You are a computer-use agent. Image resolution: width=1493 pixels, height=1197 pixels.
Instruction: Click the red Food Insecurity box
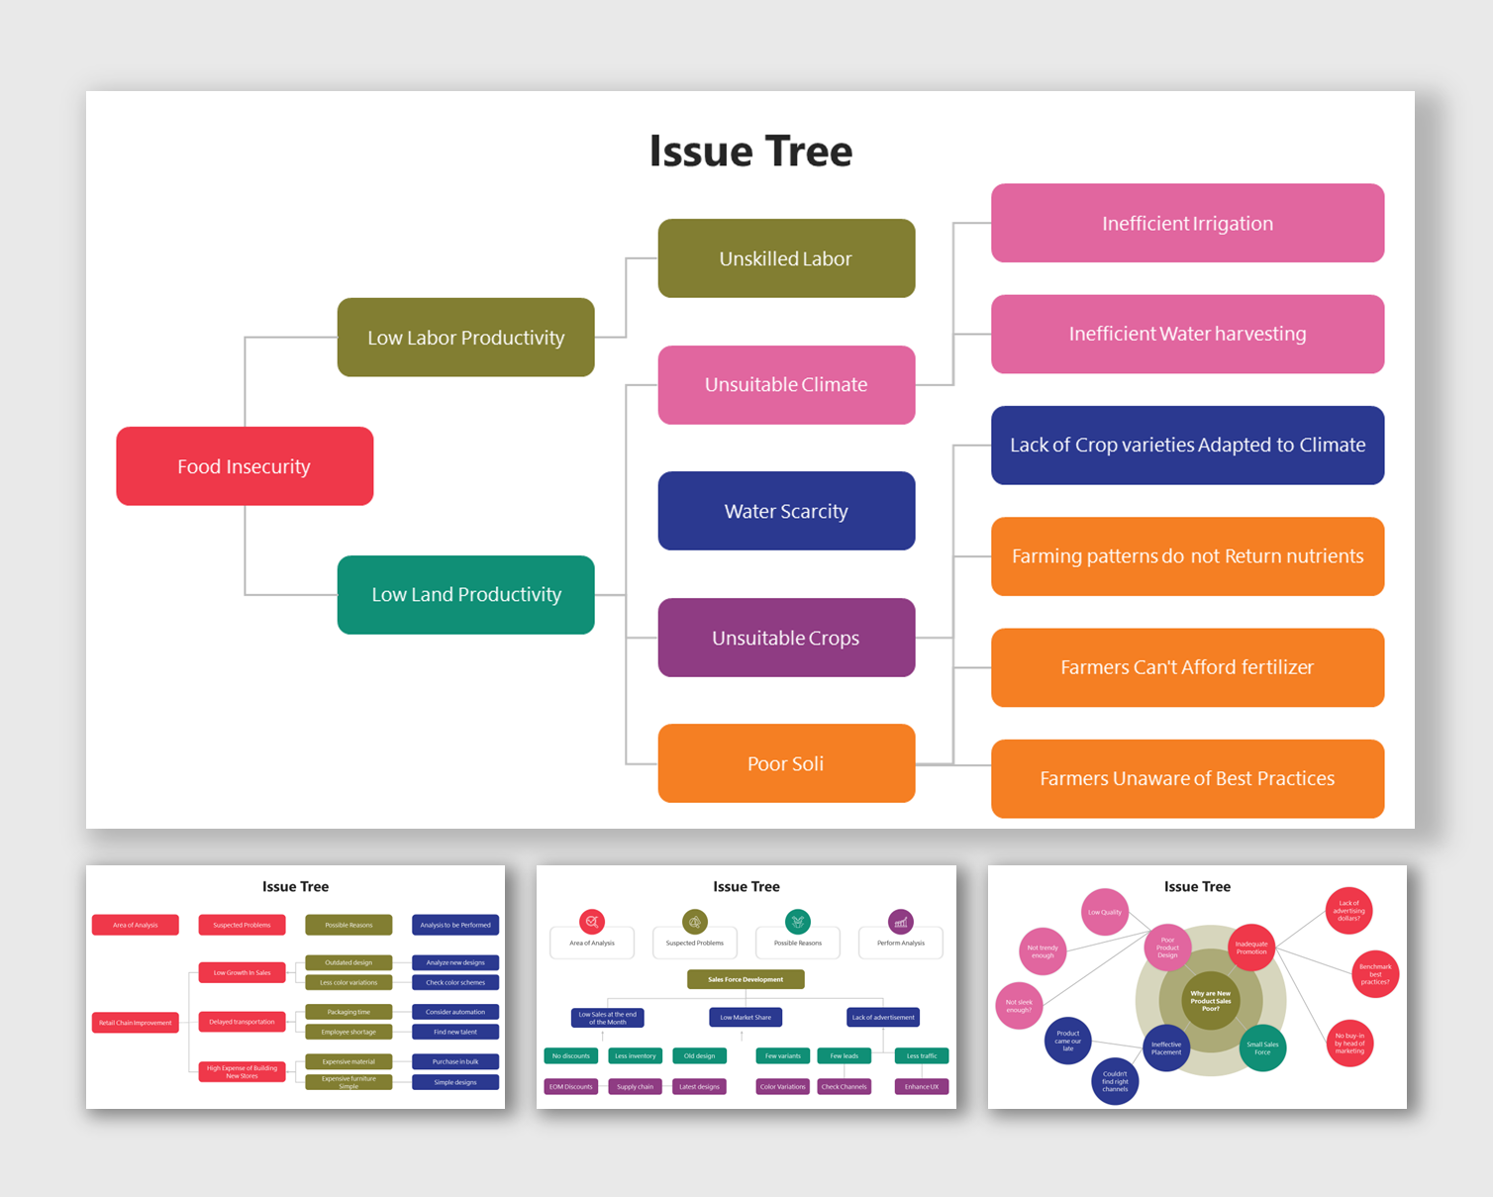coord(245,466)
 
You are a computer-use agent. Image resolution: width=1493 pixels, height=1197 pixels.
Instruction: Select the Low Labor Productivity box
coord(465,338)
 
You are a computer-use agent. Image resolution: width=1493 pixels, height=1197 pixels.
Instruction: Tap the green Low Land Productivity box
coord(465,595)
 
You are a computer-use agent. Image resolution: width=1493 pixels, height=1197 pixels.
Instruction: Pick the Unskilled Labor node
coord(786,258)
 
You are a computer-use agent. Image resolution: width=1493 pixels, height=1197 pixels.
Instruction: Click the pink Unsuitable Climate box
coord(786,385)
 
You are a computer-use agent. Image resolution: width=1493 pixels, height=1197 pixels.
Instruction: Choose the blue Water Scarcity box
coord(786,511)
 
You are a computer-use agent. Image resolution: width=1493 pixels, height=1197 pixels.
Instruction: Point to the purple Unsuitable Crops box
coord(786,638)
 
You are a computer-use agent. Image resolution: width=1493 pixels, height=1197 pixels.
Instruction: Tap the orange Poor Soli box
coord(786,763)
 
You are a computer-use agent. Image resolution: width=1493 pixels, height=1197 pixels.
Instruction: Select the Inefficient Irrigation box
coord(1187,224)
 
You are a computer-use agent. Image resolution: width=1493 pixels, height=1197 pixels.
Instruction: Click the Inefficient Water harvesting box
coord(1187,335)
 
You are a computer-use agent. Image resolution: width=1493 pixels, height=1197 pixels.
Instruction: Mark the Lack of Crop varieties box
coord(1187,446)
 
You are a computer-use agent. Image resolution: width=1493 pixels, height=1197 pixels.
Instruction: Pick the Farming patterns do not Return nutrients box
coord(1187,556)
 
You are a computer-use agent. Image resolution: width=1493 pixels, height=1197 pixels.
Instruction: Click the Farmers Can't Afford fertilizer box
coord(1187,667)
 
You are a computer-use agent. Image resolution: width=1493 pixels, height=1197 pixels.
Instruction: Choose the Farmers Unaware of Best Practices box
coord(1187,779)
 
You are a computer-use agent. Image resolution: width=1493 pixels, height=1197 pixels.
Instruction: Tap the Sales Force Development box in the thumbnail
coord(746,979)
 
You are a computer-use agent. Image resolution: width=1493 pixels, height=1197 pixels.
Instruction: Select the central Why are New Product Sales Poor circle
coord(1210,1001)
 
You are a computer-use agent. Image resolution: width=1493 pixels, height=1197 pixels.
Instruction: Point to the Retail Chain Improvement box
coord(136,1023)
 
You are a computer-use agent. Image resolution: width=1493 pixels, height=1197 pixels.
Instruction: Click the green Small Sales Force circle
coord(1262,1048)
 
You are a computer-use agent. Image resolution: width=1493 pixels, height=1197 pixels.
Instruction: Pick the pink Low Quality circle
coord(1105,912)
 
